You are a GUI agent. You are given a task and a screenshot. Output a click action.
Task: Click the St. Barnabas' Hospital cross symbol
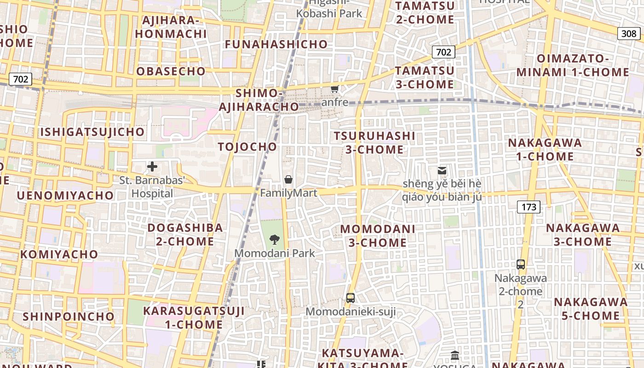point(152,167)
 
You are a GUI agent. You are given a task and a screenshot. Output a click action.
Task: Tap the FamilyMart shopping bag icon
point(288,179)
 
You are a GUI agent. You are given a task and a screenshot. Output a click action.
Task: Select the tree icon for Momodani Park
point(275,239)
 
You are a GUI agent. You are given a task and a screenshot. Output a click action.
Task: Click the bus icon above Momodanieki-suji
point(351,298)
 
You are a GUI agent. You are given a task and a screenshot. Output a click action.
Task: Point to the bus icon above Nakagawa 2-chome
point(521,264)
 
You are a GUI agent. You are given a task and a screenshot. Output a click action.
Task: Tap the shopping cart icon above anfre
point(335,89)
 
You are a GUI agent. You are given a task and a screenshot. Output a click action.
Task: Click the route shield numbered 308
point(628,33)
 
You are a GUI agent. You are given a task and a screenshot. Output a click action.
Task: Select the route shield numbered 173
point(529,207)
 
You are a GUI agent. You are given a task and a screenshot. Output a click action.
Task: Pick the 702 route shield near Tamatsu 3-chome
point(443,52)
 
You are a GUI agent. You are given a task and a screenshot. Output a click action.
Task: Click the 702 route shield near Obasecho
point(21,79)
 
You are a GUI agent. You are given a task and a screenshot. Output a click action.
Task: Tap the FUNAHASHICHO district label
point(276,45)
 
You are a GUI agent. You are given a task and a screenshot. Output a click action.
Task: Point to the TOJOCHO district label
point(247,147)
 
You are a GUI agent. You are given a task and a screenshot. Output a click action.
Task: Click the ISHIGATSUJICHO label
point(92,132)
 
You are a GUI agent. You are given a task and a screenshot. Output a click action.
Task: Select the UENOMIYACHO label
point(65,195)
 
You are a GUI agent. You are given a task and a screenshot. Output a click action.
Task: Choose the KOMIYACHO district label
point(59,254)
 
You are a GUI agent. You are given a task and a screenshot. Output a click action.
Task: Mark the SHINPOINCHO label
point(69,316)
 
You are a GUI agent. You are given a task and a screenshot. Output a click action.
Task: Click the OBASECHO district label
point(171,71)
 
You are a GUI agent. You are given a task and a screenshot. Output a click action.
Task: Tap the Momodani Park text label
point(275,253)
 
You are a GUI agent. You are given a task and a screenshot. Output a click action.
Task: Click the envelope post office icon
point(442,171)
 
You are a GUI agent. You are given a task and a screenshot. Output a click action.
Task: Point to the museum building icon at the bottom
point(455,355)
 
